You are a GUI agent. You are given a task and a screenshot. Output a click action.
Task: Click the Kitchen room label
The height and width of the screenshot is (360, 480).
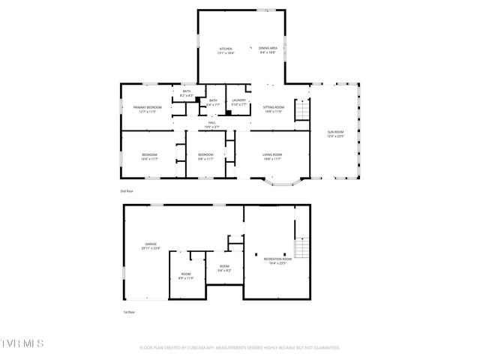(x=226, y=49)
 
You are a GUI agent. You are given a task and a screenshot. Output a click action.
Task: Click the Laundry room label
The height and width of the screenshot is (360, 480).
(x=239, y=102)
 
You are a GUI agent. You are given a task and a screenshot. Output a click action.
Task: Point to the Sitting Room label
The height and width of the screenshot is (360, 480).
(x=272, y=109)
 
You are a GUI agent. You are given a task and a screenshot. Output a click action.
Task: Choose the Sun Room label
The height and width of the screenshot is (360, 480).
(x=334, y=134)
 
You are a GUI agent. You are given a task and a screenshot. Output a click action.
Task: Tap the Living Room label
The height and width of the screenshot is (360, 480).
(x=271, y=157)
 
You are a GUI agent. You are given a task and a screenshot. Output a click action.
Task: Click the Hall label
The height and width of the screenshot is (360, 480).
(x=212, y=124)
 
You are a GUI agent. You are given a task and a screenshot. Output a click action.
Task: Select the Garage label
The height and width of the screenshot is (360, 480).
(x=152, y=246)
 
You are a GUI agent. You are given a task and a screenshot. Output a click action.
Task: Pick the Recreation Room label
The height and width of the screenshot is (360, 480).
(x=274, y=261)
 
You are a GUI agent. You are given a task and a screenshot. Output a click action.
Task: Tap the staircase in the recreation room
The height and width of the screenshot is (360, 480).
(x=301, y=247)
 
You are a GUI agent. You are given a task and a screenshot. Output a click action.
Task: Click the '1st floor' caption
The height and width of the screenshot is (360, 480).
(x=129, y=311)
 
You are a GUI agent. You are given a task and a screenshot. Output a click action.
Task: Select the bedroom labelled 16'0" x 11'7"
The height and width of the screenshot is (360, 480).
(x=149, y=157)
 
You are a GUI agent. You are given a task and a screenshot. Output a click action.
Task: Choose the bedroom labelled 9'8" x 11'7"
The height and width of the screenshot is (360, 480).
(x=205, y=157)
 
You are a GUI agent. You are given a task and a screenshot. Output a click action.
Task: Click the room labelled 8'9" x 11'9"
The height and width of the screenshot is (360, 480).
(x=185, y=276)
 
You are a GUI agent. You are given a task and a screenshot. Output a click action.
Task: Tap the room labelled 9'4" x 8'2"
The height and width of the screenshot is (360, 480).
(x=224, y=268)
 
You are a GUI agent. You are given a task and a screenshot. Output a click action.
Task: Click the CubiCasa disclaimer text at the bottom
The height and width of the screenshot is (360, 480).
(x=240, y=347)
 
